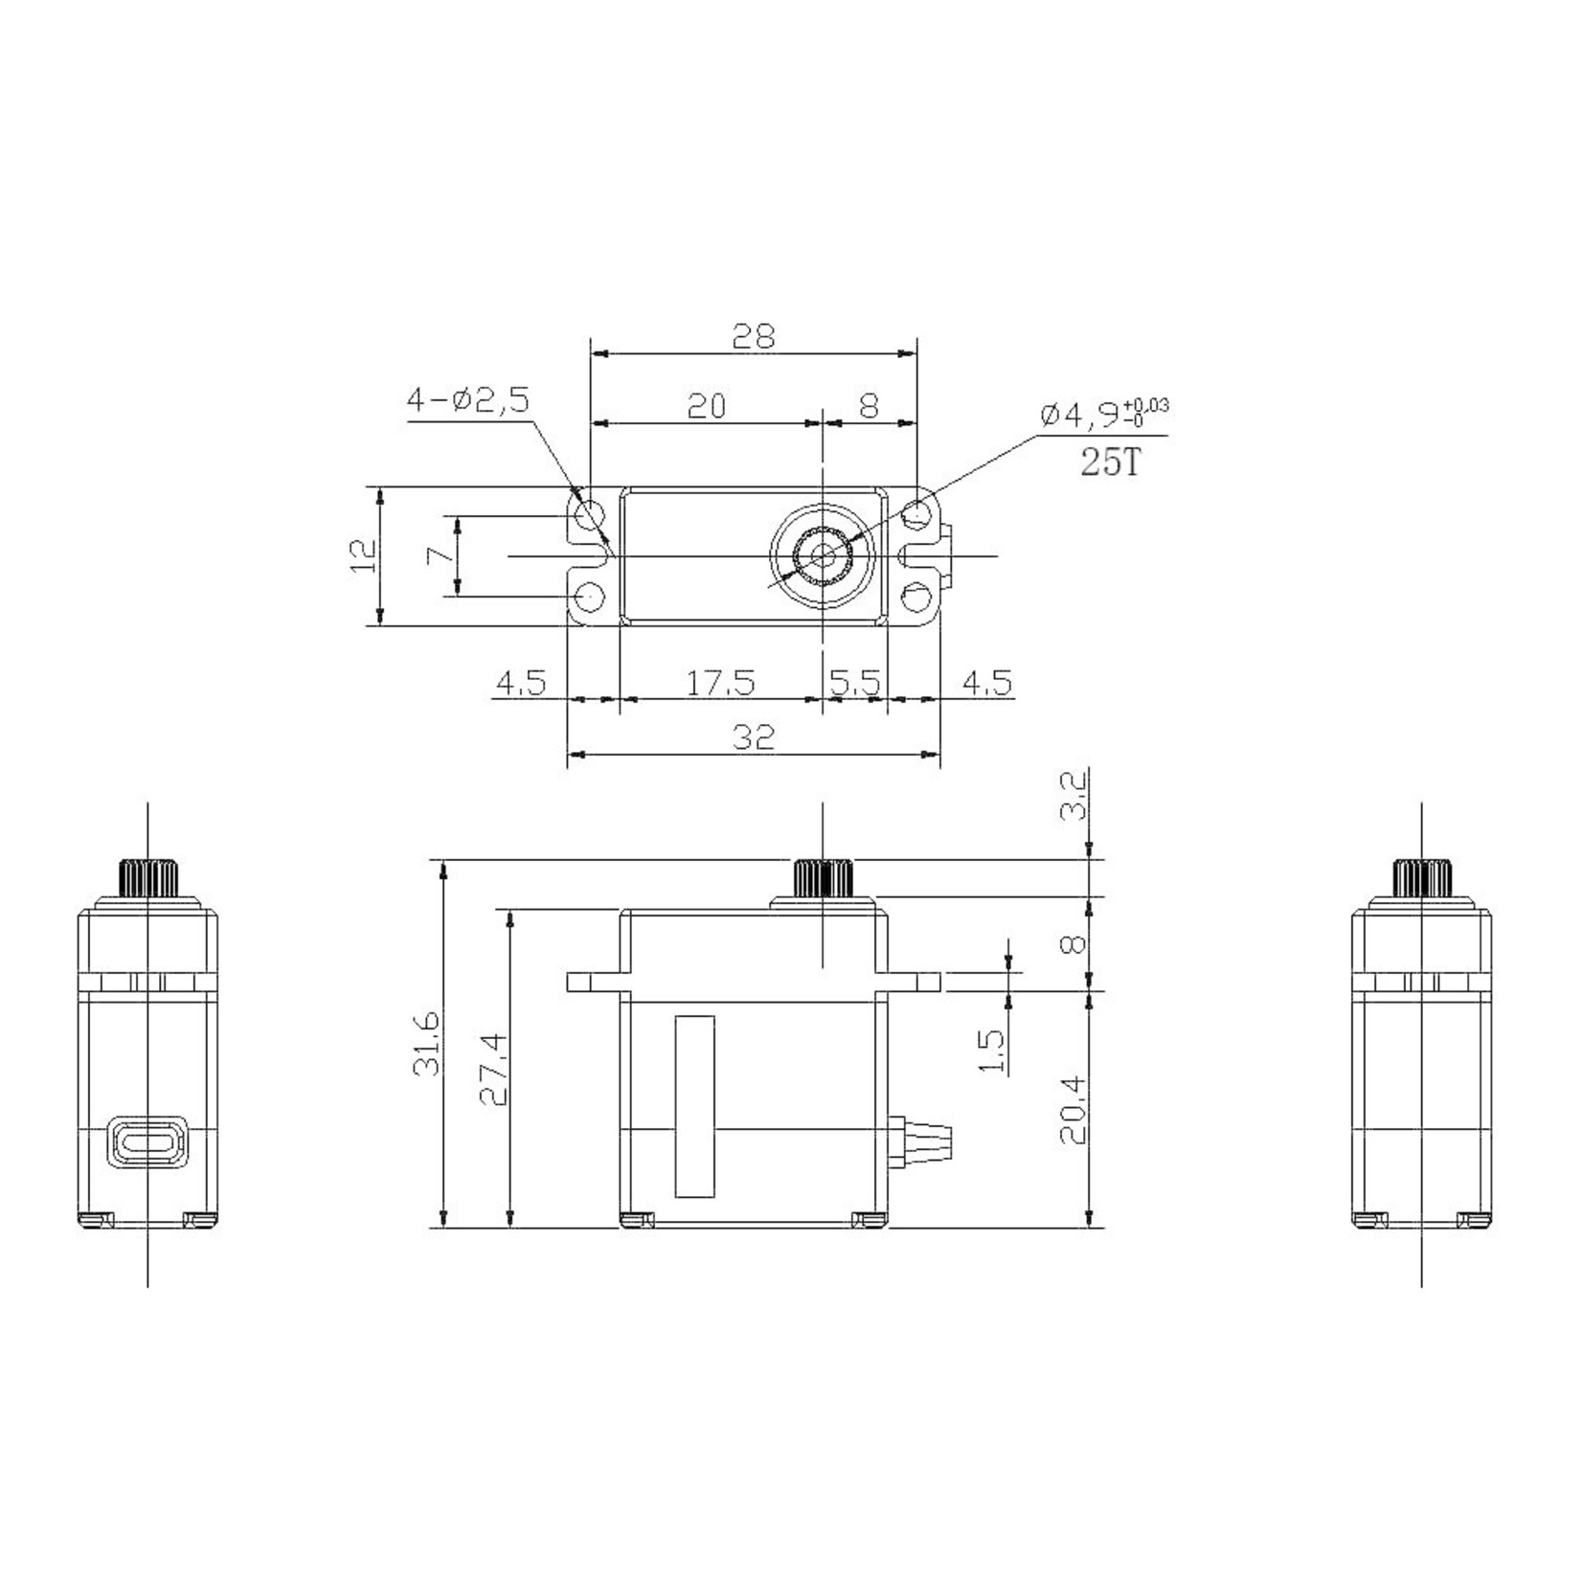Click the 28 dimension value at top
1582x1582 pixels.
[753, 336]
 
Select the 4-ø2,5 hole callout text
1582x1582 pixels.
[468, 400]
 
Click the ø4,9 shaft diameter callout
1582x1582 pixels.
[1101, 414]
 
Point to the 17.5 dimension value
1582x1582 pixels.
[720, 683]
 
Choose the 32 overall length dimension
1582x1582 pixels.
[753, 737]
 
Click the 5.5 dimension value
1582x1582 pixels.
[854, 683]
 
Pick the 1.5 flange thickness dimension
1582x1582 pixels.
[993, 1051]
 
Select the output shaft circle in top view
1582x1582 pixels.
[822, 554]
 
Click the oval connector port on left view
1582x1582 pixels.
[147, 1142]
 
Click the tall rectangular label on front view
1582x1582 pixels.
[694, 1106]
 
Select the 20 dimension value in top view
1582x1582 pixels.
[707, 406]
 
